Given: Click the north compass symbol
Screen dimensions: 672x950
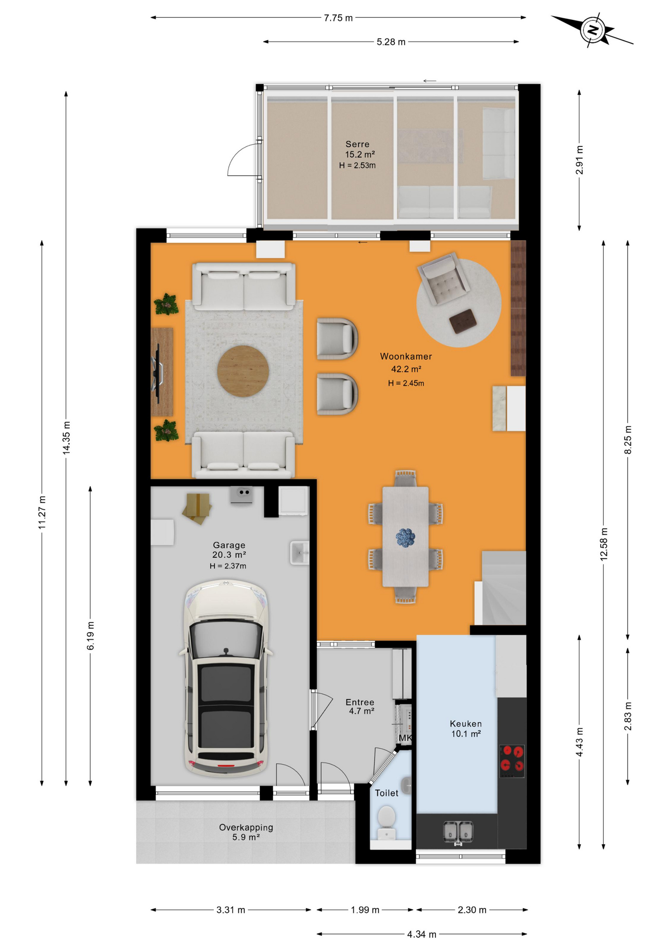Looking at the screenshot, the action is point(593,30).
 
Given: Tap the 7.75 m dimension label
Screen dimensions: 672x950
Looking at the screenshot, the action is point(338,18).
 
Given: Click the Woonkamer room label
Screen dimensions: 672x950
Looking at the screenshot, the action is point(406,356).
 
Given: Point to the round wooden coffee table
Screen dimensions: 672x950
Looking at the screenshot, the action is point(243,371).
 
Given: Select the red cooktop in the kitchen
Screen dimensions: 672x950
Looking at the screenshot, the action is point(512,759).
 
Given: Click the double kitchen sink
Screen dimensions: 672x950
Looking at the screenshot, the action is point(458,831).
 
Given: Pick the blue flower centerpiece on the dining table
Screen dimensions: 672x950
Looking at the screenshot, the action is point(405,537).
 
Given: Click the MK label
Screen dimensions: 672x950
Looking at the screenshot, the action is point(405,738).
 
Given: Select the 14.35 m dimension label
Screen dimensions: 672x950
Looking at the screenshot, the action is point(66,438).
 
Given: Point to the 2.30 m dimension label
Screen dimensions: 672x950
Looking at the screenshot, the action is point(472,910).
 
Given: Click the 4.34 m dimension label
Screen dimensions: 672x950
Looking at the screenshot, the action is point(422,934).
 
